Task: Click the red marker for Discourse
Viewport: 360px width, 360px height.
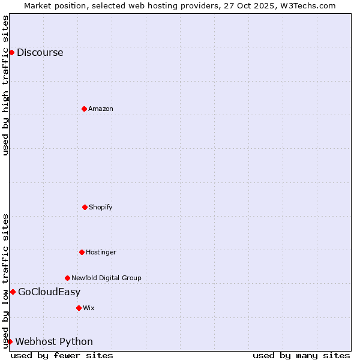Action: pyautogui.click(x=11, y=52)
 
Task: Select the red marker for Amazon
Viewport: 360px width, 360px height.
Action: pyautogui.click(x=84, y=109)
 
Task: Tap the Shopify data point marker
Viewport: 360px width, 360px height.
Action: pyautogui.click(x=85, y=207)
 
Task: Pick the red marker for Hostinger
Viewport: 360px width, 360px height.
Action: pyautogui.click(x=82, y=252)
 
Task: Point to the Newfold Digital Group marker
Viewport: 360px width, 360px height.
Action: pyautogui.click(x=67, y=278)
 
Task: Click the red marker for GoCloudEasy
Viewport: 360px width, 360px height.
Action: pyautogui.click(x=13, y=292)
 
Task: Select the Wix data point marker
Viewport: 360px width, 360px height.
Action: pyautogui.click(x=79, y=308)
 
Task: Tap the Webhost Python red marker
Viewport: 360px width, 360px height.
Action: pyautogui.click(x=10, y=341)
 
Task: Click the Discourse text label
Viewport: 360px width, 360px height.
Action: pyautogui.click(x=40, y=52)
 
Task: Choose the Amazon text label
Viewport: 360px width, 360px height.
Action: pyautogui.click(x=101, y=109)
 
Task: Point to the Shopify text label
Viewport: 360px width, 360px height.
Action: pyautogui.click(x=101, y=207)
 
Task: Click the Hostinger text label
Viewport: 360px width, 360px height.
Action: pyautogui.click(x=101, y=252)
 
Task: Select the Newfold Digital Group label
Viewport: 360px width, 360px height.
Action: pyautogui.click(x=106, y=278)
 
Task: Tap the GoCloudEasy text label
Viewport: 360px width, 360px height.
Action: pyautogui.click(x=49, y=292)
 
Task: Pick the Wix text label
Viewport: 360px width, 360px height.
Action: pyautogui.click(x=89, y=308)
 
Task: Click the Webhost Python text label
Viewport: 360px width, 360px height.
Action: pyautogui.click(x=54, y=342)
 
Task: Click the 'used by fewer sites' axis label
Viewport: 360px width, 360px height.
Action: pyautogui.click(x=62, y=355)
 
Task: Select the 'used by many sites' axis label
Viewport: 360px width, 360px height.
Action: pyautogui.click(x=301, y=355)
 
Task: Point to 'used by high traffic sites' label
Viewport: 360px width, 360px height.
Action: pyautogui.click(x=5, y=85)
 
